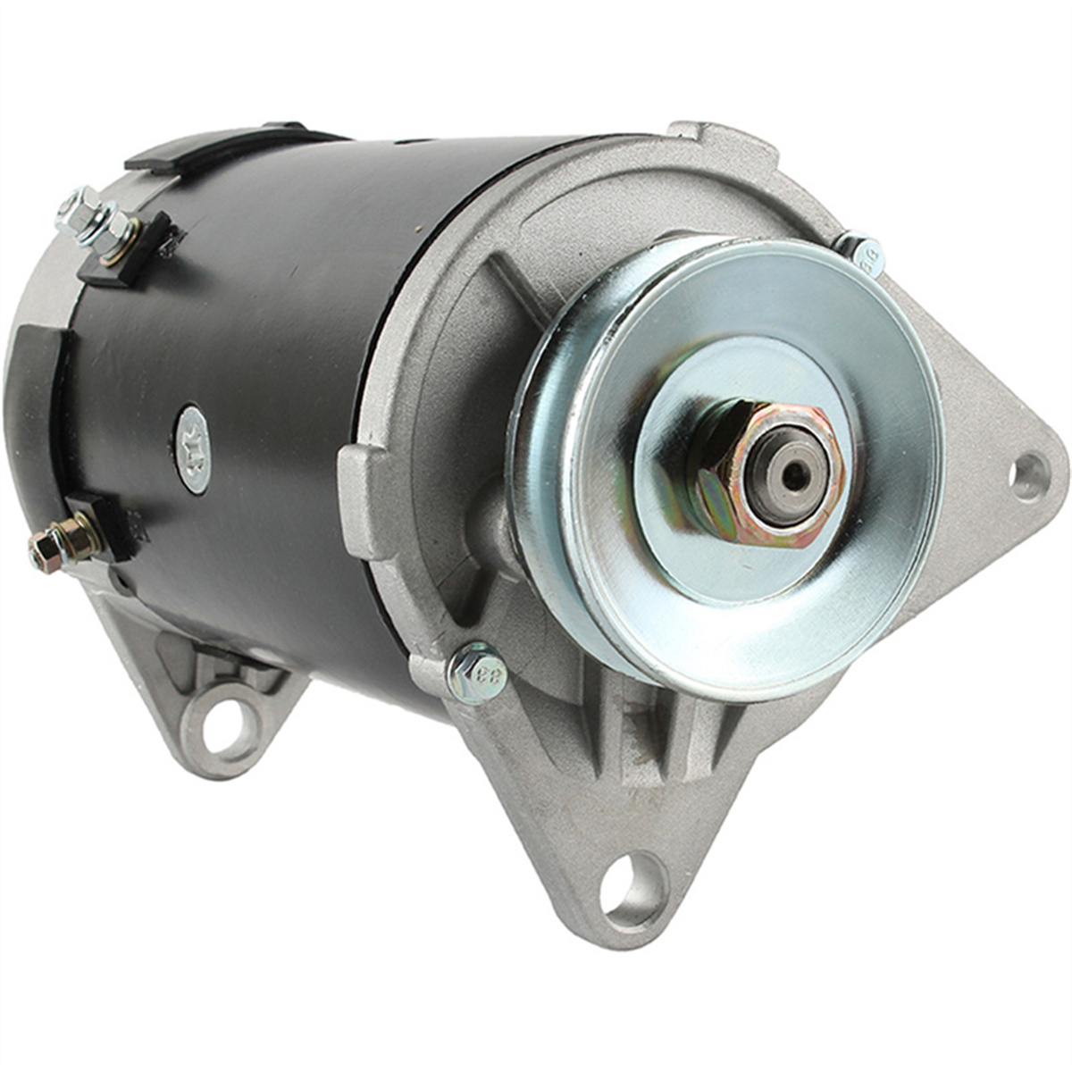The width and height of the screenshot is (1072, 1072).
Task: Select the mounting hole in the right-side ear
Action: pyautogui.click(x=1027, y=476)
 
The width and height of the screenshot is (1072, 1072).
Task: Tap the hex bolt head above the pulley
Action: pyautogui.click(x=863, y=251)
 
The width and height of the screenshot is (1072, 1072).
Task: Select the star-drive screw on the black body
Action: pyautogui.click(x=194, y=448)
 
